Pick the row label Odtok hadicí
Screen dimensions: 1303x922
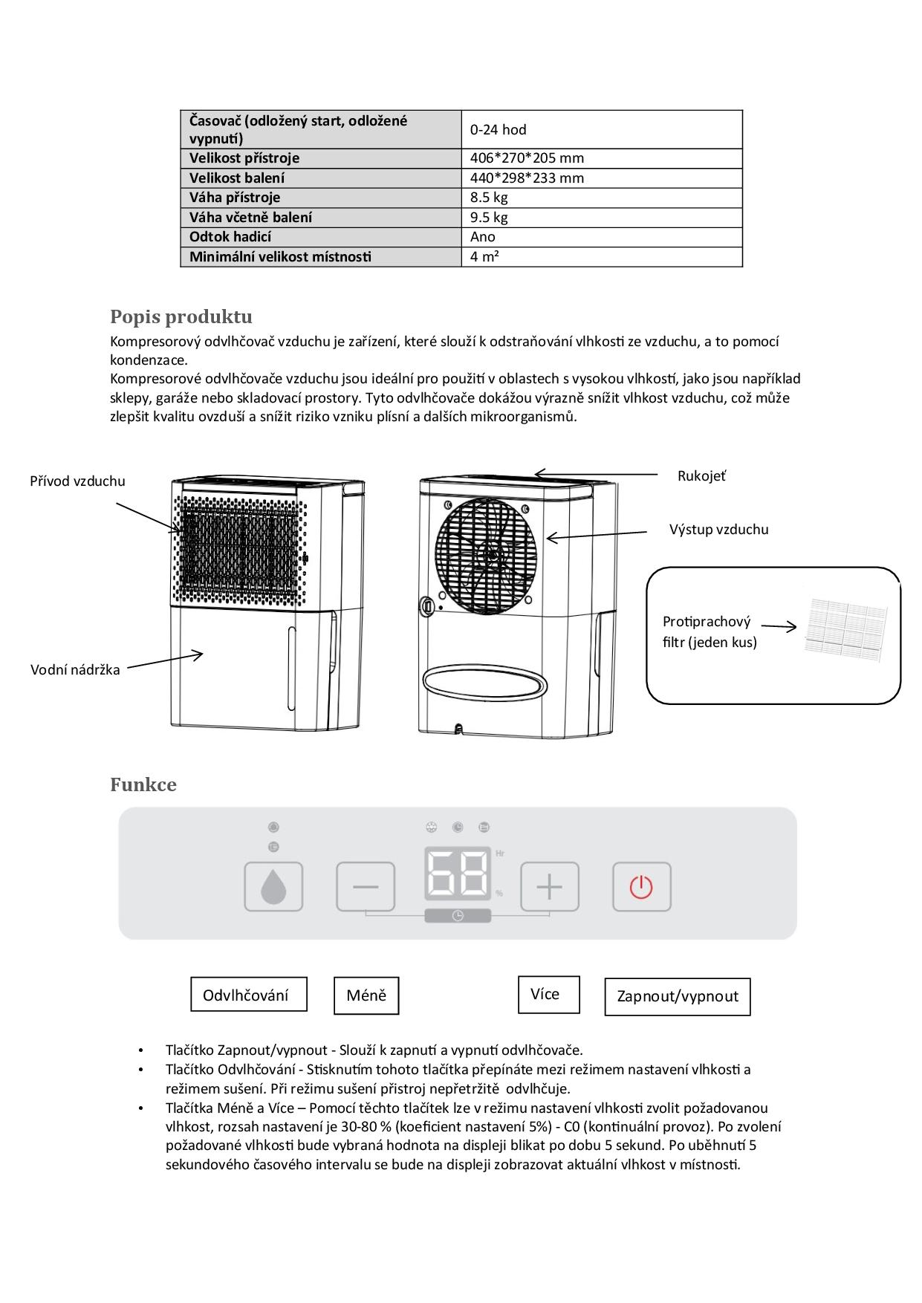(230, 237)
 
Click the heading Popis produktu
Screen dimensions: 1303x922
(181, 317)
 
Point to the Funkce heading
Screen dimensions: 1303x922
(143, 785)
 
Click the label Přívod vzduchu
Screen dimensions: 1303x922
(77, 481)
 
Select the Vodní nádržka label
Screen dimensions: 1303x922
(75, 670)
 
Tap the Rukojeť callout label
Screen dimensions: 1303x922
(701, 476)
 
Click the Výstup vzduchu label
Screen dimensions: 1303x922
(718, 530)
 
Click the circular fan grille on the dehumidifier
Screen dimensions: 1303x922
(490, 550)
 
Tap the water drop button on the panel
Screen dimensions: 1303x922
(273, 887)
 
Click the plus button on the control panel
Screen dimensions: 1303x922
(549, 887)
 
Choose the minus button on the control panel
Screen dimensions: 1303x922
(366, 887)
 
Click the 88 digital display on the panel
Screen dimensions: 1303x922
(458, 875)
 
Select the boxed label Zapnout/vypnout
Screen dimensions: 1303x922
(678, 997)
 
